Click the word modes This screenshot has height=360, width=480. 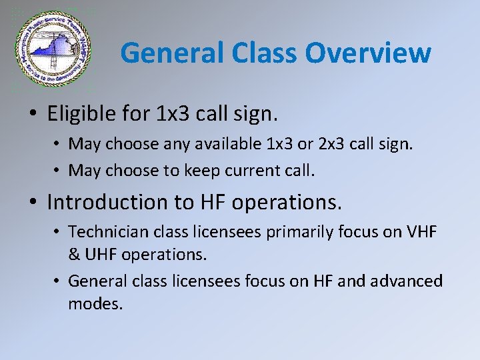[95, 304]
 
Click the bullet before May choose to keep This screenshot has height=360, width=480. [58, 170]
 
